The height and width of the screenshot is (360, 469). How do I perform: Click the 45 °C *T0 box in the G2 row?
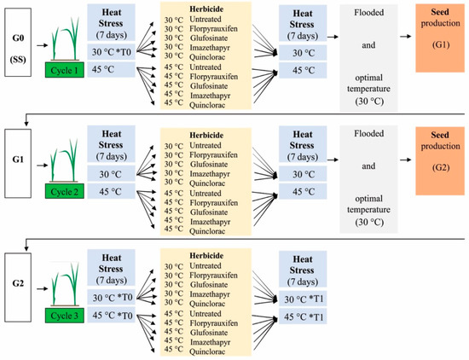pyautogui.click(x=119, y=316)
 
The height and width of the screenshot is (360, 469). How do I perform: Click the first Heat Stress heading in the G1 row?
pyautogui.click(x=119, y=141)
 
